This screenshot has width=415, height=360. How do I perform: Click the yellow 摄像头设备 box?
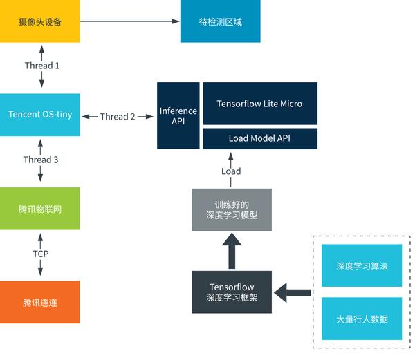(39, 21)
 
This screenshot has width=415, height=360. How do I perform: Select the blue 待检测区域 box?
(220, 21)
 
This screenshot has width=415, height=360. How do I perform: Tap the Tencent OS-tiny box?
(39, 115)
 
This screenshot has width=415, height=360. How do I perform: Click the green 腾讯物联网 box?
(39, 208)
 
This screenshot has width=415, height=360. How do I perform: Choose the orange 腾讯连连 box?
(39, 302)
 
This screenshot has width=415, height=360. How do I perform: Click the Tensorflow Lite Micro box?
(259, 104)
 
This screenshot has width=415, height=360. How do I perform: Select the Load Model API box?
(259, 138)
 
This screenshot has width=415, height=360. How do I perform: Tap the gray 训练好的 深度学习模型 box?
(232, 209)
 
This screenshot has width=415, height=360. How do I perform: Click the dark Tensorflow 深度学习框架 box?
(232, 292)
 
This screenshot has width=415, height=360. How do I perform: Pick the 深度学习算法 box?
(362, 265)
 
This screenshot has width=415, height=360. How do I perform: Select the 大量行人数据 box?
(362, 319)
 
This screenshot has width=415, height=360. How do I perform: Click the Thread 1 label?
(41, 66)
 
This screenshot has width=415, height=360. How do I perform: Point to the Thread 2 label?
(118, 116)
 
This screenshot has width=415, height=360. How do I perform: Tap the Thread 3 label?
(41, 160)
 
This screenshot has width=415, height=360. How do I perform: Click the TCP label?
(41, 254)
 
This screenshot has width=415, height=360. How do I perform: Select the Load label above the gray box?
(231, 171)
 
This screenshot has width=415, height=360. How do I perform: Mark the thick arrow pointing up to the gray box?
(232, 250)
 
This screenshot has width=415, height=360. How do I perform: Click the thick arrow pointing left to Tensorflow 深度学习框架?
(293, 292)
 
